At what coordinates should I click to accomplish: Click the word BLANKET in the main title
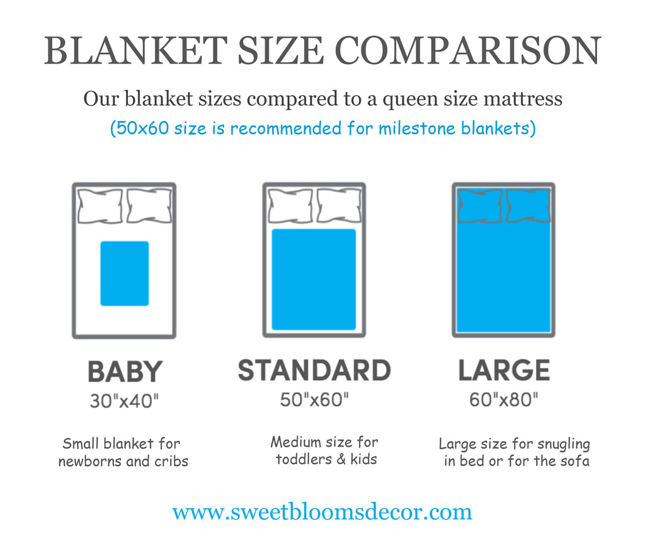point(136,50)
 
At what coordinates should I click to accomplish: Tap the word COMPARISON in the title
point(468,50)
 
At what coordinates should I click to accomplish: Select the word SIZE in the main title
point(281,50)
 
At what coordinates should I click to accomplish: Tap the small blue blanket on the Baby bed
point(125,273)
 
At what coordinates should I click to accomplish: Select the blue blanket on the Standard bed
point(314,279)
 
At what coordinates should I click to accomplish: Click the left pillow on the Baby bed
point(100,206)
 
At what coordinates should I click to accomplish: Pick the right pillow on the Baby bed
point(149,206)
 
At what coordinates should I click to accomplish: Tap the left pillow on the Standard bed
point(290,206)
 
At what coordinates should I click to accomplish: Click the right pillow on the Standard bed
point(339,206)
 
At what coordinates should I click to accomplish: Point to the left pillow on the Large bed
point(479,206)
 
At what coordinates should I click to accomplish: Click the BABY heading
point(125,372)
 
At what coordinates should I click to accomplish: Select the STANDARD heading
point(314,370)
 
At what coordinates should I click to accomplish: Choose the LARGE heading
point(505,370)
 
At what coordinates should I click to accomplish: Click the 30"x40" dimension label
point(124,401)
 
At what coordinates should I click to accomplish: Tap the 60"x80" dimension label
point(503,399)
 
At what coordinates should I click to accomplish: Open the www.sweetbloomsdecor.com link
point(322,512)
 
